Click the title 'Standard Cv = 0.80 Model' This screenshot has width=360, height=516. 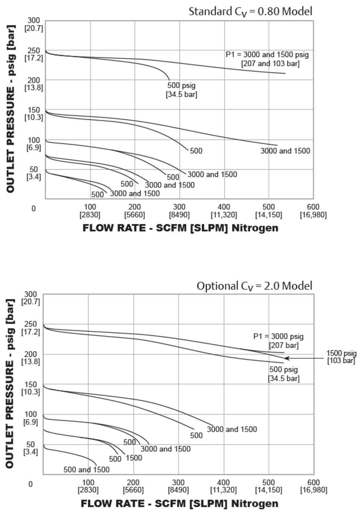click(250, 12)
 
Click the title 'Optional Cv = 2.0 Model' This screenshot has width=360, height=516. click(254, 286)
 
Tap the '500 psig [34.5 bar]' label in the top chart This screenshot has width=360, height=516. click(181, 90)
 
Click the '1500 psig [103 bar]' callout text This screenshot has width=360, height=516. click(341, 357)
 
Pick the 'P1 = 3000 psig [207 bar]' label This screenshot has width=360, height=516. click(279, 341)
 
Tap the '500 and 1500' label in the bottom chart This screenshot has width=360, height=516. click(86, 470)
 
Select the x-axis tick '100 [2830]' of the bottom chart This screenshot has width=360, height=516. click(88, 486)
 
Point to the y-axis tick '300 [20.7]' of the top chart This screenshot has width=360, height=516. click(34, 24)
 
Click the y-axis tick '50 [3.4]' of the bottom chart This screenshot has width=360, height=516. click(31, 448)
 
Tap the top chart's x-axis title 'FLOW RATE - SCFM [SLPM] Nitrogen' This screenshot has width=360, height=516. click(180, 228)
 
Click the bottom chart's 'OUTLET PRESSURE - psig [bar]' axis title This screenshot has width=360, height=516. click(10, 383)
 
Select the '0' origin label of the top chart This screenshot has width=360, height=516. click(33, 208)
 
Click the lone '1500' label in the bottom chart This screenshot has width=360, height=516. click(134, 458)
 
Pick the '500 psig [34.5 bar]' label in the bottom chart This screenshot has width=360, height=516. click(284, 374)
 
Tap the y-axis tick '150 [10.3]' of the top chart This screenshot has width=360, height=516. click(34, 114)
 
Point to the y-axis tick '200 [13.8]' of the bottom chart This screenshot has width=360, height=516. click(31, 358)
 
